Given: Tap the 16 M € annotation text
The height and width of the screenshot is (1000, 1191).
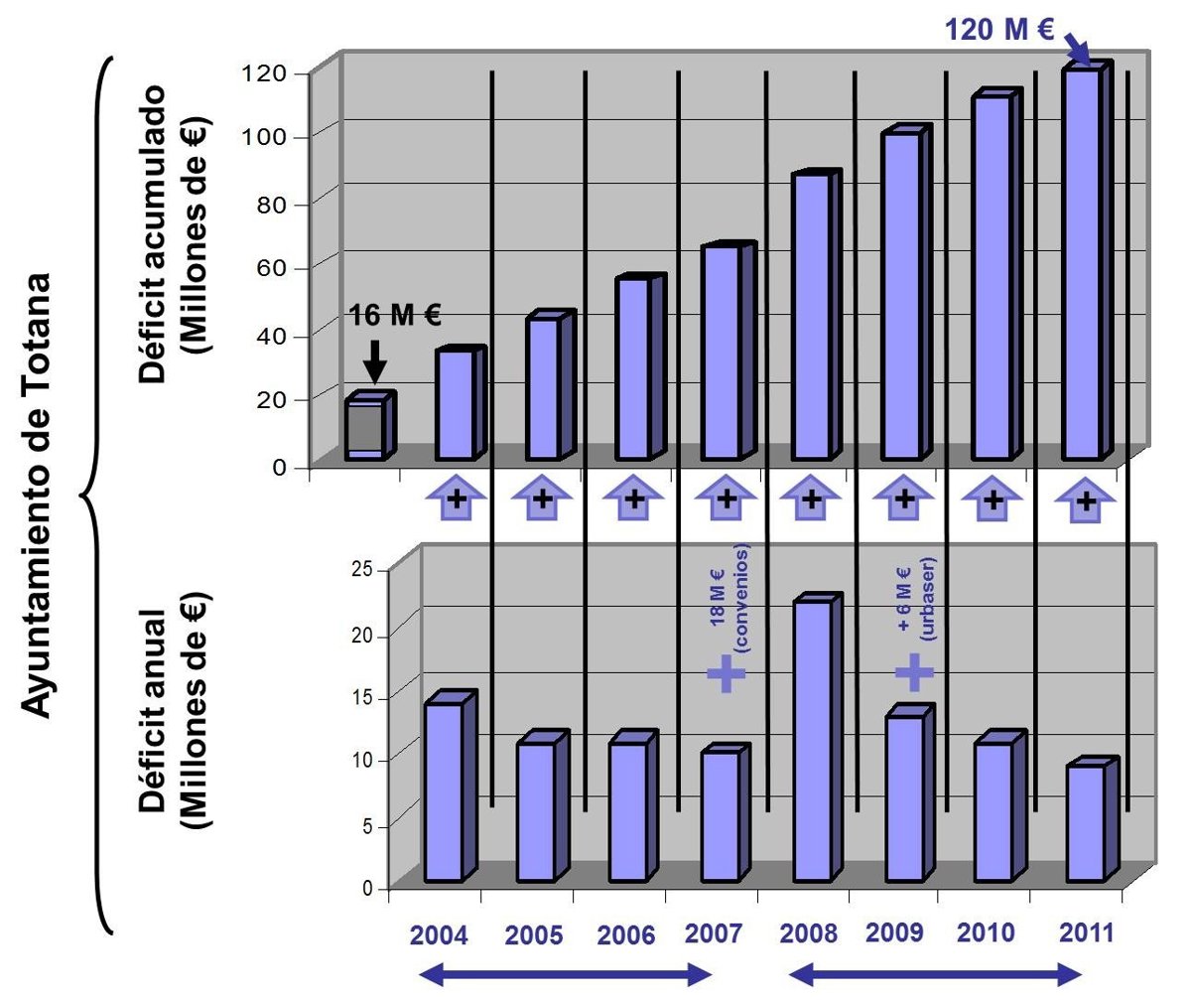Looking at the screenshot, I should click(x=395, y=316).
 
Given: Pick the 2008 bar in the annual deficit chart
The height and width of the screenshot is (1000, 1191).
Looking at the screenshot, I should click(x=812, y=740).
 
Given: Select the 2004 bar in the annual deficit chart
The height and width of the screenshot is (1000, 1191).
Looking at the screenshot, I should click(x=443, y=791).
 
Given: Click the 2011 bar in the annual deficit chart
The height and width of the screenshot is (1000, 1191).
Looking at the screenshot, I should click(x=1085, y=822).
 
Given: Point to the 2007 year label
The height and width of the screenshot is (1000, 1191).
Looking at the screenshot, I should click(x=714, y=934).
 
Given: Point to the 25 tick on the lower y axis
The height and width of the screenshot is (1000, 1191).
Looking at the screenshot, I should click(x=360, y=569).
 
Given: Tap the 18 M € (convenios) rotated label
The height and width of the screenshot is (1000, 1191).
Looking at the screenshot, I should click(x=728, y=607).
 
